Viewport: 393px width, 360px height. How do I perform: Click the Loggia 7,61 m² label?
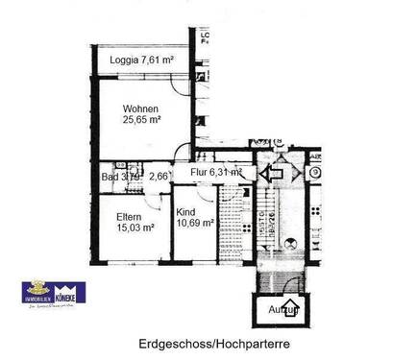tap(135, 60)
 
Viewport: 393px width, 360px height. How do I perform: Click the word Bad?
tap(110, 177)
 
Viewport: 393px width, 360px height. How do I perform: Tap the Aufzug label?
tap(283, 311)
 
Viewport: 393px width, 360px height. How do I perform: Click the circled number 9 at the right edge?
tap(315, 174)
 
